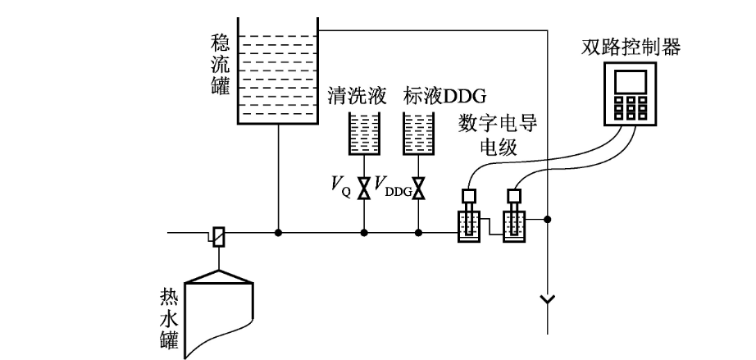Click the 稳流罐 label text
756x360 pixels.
(x=220, y=63)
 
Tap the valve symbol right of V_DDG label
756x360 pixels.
(x=419, y=188)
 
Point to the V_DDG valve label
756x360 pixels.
(x=393, y=188)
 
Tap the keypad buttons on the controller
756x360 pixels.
(x=635, y=107)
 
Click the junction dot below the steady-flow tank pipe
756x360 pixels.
(x=279, y=234)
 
